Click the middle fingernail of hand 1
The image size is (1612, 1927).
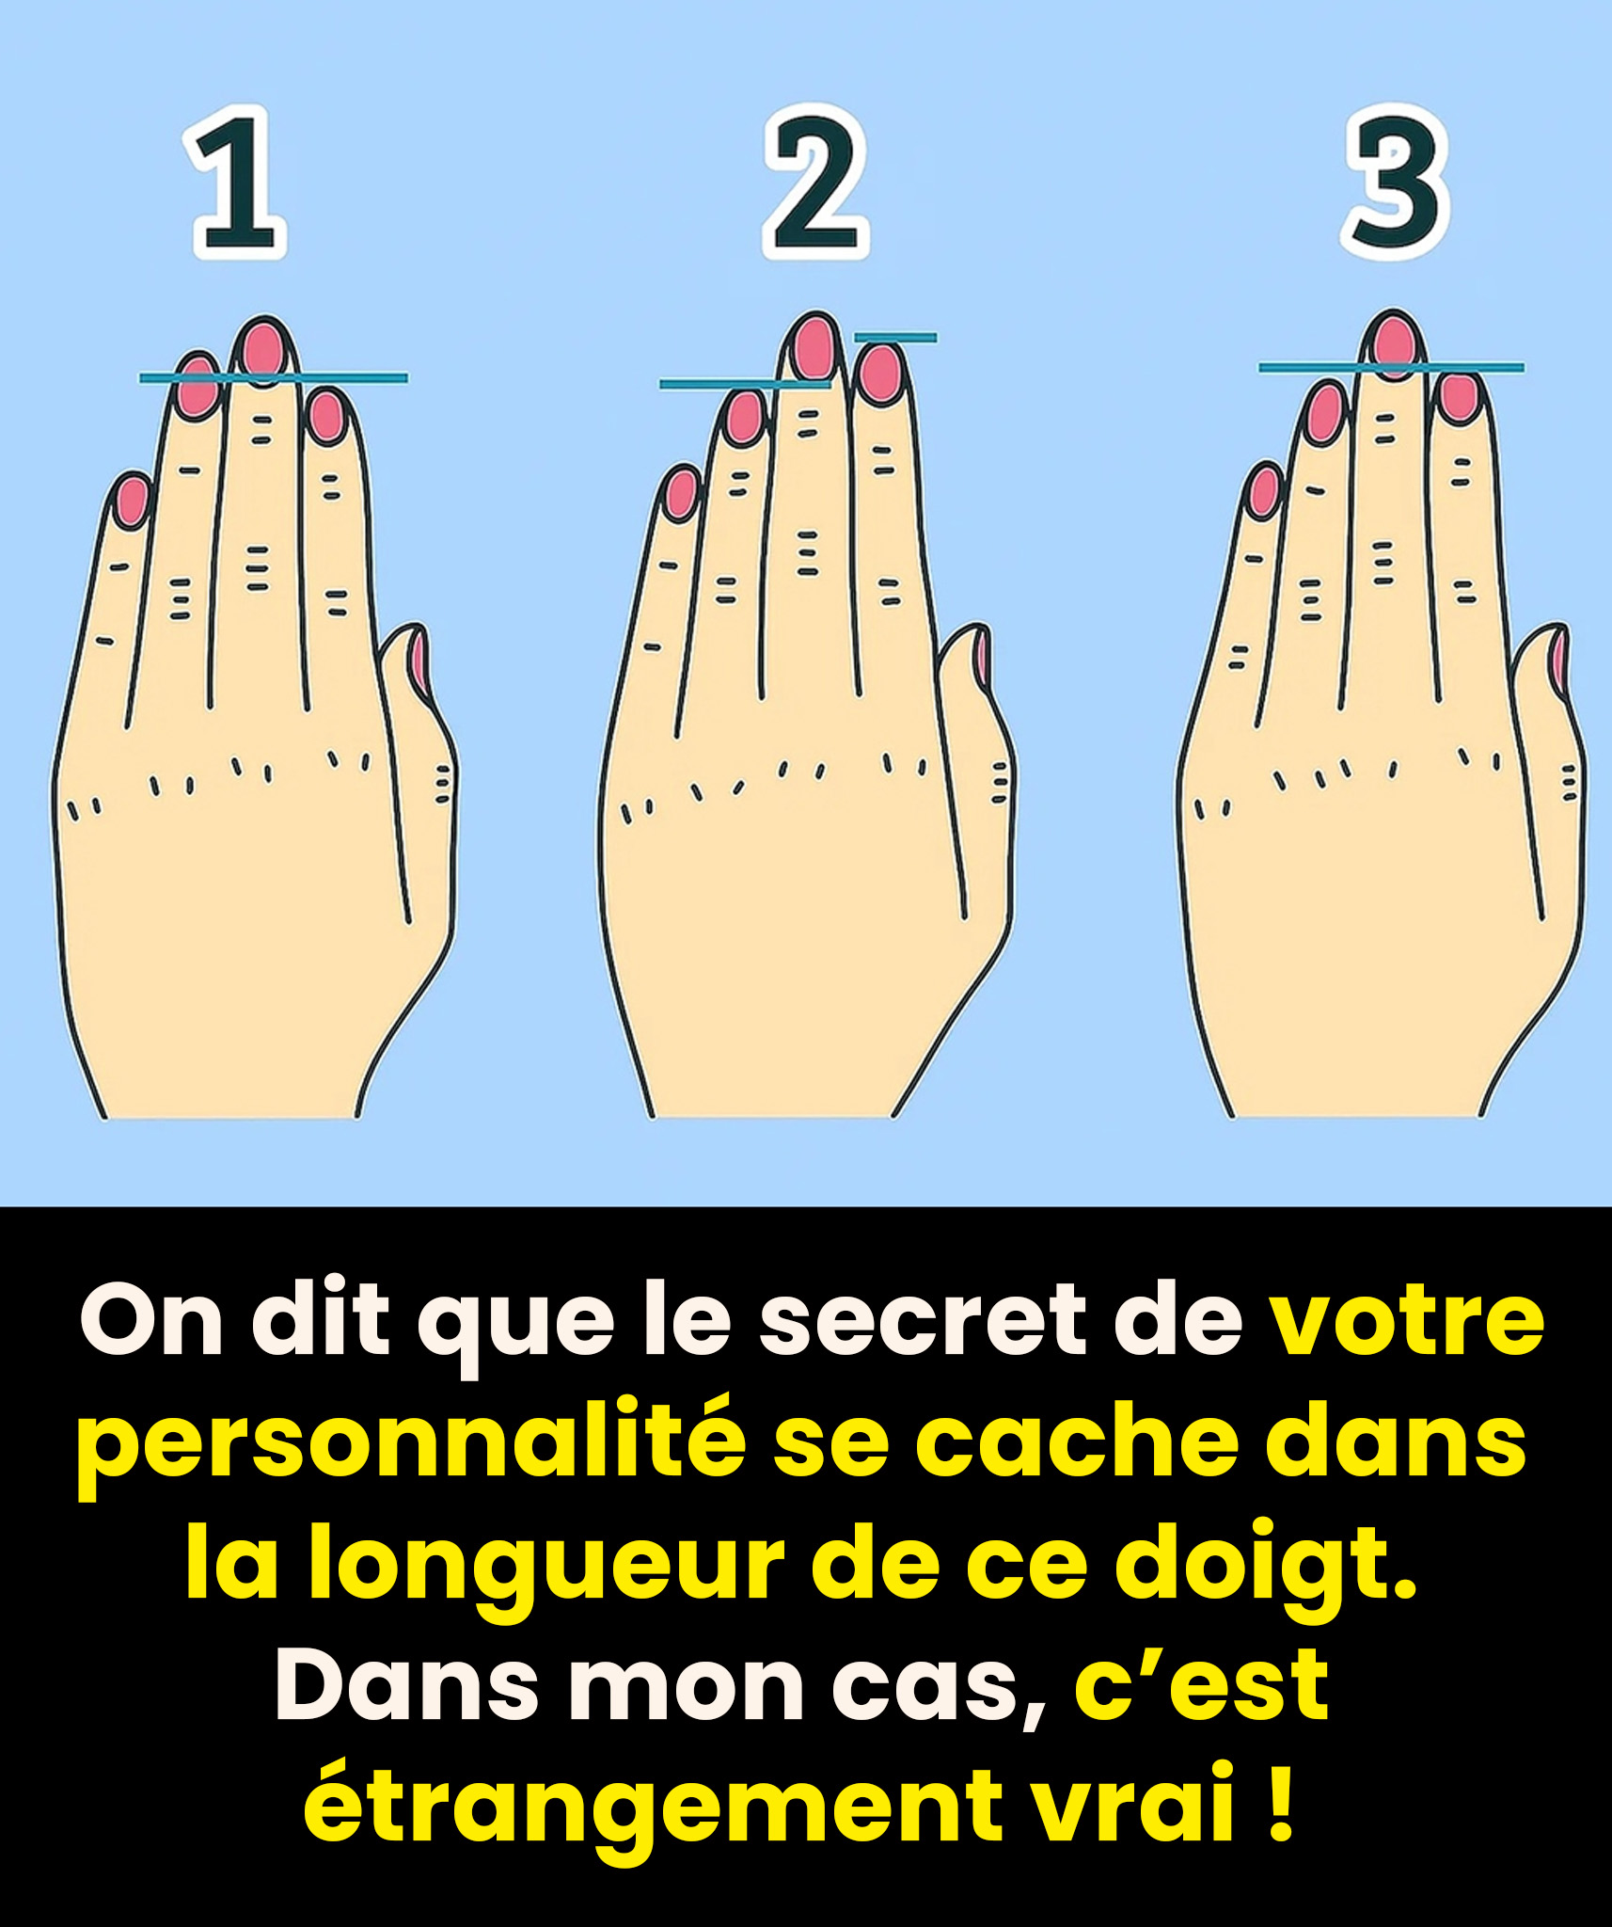(x=262, y=349)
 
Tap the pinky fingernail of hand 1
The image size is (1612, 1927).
(x=132, y=501)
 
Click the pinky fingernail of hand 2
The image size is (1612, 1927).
(x=681, y=493)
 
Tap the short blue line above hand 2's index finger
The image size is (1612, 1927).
(x=895, y=337)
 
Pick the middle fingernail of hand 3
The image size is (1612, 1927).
(x=1395, y=345)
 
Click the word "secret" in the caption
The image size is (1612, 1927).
(x=923, y=1323)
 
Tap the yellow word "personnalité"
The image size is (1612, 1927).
(x=412, y=1447)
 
